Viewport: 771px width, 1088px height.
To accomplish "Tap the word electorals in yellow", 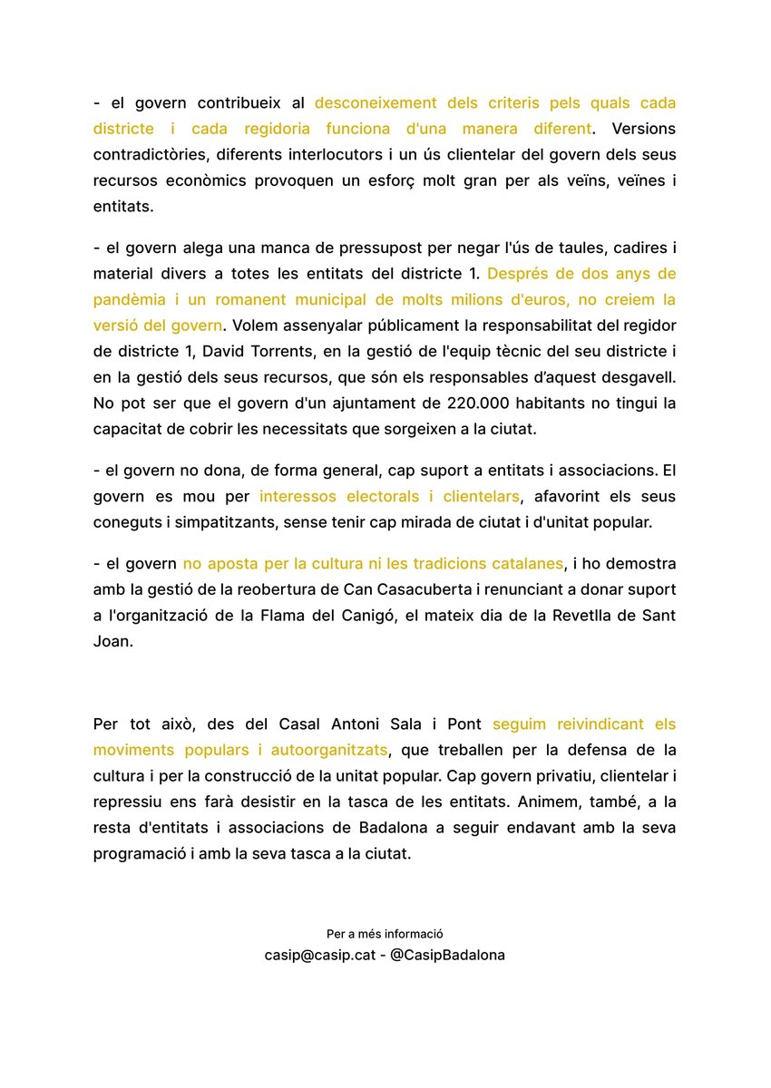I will click(381, 497).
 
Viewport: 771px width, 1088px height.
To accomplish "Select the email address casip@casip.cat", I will click(318, 955).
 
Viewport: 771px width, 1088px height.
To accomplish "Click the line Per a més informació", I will click(385, 934).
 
